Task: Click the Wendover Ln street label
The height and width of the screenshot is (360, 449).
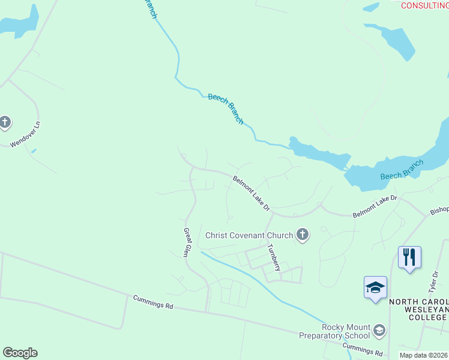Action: tap(25, 135)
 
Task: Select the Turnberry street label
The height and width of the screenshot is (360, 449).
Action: tap(274, 257)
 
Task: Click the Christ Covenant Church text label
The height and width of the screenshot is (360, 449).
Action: tap(249, 235)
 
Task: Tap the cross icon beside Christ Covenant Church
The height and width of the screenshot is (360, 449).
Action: tap(303, 235)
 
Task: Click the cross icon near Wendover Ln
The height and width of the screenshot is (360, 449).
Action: tap(5, 122)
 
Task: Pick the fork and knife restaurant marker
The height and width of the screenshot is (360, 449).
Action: tap(409, 258)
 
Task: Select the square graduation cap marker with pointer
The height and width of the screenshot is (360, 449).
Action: tap(375, 288)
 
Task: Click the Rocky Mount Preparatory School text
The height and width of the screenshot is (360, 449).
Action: tap(337, 331)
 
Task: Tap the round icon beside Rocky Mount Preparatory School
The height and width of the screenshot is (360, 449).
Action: tap(379, 330)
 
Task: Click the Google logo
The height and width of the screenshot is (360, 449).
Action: tap(20, 353)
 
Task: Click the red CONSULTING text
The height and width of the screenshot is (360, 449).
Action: tap(424, 5)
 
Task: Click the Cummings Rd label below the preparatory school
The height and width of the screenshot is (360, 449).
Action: tap(363, 349)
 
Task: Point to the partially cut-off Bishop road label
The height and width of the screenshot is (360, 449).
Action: tap(439, 210)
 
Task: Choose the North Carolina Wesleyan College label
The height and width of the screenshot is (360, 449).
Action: tap(418, 310)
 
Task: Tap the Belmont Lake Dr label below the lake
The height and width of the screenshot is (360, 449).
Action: tap(375, 206)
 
